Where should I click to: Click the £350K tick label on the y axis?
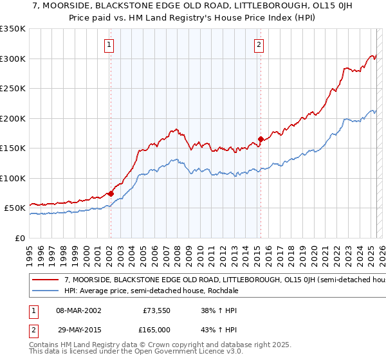[x=13, y=29]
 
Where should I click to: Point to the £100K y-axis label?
[x=13, y=178]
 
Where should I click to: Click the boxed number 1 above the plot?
[x=110, y=45]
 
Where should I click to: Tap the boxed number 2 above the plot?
[x=259, y=45]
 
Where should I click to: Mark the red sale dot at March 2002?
[x=111, y=194]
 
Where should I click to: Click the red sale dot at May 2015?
[x=261, y=139]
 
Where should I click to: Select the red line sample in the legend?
[x=46, y=280]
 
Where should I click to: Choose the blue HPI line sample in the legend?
[x=46, y=290]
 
